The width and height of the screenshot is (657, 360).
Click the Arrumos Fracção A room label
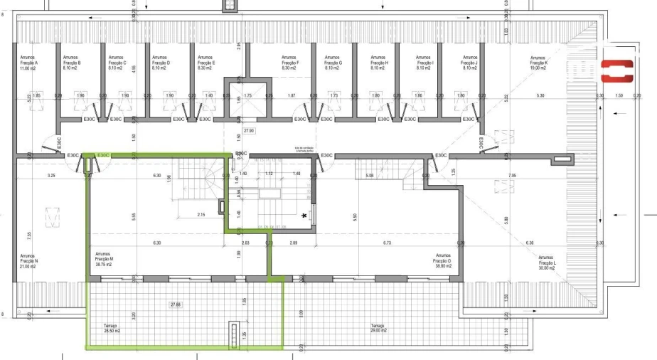27,63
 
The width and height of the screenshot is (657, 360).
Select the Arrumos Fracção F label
290,63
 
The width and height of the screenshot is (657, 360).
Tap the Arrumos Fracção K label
538,63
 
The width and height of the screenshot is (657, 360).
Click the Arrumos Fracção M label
105,259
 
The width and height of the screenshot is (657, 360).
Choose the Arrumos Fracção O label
443,259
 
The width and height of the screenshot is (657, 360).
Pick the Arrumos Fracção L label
547,262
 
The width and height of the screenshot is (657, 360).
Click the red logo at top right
616,71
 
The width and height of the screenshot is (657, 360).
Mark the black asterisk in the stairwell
305,215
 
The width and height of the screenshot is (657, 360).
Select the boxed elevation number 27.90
249,131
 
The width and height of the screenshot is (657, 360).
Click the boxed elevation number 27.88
176,305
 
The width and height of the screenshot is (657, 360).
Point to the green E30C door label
104,154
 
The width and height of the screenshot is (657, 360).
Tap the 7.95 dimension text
511,175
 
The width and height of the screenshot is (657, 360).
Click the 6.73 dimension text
387,243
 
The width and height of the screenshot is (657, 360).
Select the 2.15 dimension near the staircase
201,214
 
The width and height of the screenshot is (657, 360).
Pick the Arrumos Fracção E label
205,63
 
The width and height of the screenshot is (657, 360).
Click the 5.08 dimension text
369,175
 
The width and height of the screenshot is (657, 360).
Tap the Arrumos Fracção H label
378,63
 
